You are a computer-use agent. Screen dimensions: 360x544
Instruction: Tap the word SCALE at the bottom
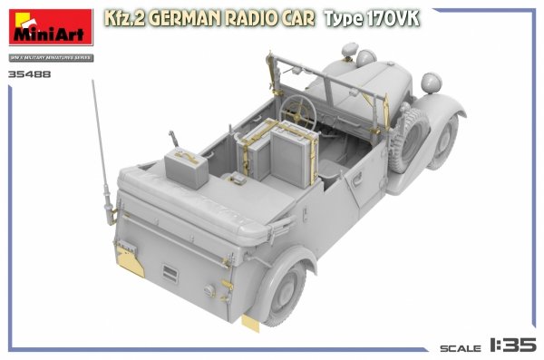(461, 347)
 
